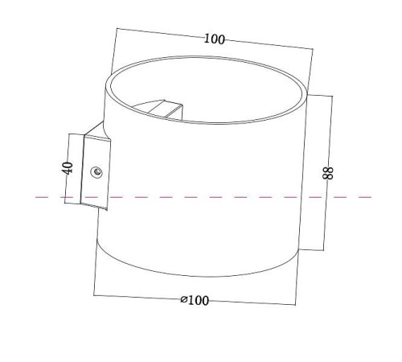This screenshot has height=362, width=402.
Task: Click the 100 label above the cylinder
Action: (x=214, y=39)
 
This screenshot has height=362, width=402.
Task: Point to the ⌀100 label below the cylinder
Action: (x=195, y=300)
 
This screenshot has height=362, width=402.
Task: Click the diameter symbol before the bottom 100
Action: (x=184, y=299)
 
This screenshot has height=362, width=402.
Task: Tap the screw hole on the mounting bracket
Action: (x=97, y=171)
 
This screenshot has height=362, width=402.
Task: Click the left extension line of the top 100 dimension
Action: (x=112, y=52)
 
